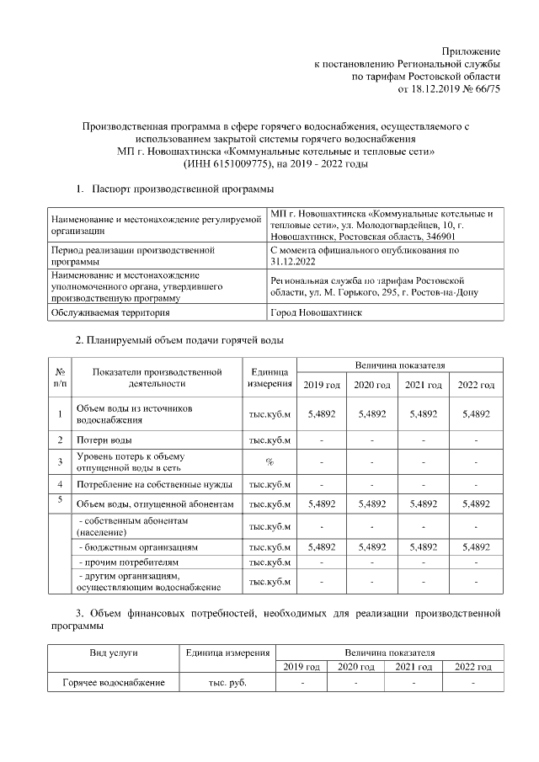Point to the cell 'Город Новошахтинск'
316,312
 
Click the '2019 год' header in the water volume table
321,385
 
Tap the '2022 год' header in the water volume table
475,385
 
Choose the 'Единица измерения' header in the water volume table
269,377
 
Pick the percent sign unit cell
269,461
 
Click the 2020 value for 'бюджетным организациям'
372,546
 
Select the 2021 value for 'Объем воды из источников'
424,414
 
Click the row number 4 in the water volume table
60,483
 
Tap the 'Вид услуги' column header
114,653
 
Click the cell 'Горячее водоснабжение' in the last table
113,682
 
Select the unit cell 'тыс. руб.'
227,682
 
